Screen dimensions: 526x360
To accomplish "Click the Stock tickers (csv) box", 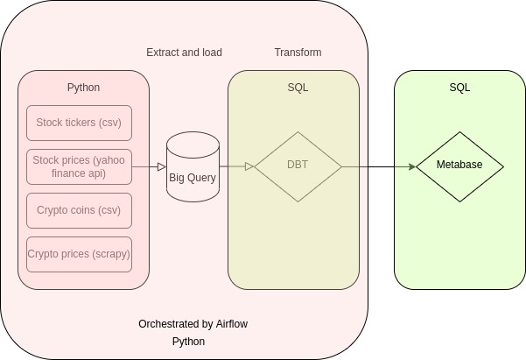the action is click(x=79, y=123).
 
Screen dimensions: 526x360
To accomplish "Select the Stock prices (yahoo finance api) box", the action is click(x=79, y=166).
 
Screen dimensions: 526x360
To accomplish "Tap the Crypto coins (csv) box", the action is click(x=79, y=210).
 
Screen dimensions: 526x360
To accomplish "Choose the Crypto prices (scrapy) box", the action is click(x=79, y=254).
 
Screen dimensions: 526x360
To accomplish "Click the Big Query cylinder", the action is click(x=193, y=166).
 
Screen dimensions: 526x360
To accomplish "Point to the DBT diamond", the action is click(x=298, y=166).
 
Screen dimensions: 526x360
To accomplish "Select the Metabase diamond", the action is click(x=459, y=166).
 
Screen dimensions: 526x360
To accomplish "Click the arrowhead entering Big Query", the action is click(x=162, y=166).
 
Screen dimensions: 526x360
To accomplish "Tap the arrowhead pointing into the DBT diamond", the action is click(x=250, y=166).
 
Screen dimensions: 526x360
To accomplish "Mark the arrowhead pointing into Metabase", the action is click(x=412, y=166).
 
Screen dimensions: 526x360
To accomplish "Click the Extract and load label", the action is click(x=184, y=53).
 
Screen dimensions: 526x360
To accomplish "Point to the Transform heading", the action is click(x=298, y=53).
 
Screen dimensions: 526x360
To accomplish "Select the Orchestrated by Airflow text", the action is click(x=193, y=324).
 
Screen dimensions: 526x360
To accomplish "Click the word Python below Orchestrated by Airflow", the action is click(x=188, y=342).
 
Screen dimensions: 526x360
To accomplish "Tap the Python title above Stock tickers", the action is click(x=83, y=88).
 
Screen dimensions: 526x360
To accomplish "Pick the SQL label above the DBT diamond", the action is click(x=298, y=88).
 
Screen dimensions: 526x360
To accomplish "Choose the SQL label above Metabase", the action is click(x=459, y=88).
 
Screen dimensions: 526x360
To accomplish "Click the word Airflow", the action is click(x=232, y=324).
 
